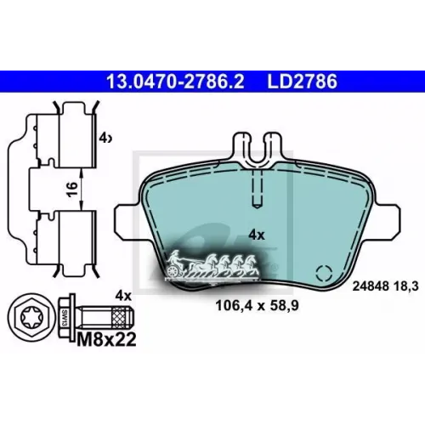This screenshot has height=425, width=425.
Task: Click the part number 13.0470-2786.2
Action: click(175, 82)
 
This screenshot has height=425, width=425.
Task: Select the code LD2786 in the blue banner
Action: click(303, 82)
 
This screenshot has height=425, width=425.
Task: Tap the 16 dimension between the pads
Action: click(72, 190)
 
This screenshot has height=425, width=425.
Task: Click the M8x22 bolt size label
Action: click(106, 339)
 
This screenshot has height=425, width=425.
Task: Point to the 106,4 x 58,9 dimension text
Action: click(257, 306)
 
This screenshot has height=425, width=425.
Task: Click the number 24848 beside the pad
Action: click(371, 286)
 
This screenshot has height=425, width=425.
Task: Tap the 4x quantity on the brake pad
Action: click(257, 235)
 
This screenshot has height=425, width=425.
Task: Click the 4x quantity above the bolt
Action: click(123, 296)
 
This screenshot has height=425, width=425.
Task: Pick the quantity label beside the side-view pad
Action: click(105, 139)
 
